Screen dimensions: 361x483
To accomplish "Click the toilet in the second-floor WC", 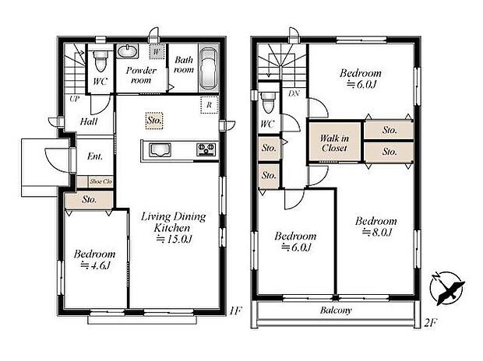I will (269, 102).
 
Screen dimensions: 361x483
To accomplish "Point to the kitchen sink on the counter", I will (160, 149).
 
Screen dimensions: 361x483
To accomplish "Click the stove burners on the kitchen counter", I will (206, 149).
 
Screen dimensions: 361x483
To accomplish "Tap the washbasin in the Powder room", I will (127, 51).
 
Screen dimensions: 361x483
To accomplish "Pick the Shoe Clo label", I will (100, 181).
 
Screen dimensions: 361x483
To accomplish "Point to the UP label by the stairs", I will (74, 100).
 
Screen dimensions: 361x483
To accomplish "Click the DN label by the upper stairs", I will (293, 94).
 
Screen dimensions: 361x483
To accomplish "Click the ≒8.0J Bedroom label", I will (376, 226).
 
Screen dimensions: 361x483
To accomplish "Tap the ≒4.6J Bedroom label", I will (94, 259).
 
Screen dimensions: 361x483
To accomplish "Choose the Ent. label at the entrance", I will (95, 156).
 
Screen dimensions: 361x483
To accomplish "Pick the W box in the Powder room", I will (157, 51).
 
